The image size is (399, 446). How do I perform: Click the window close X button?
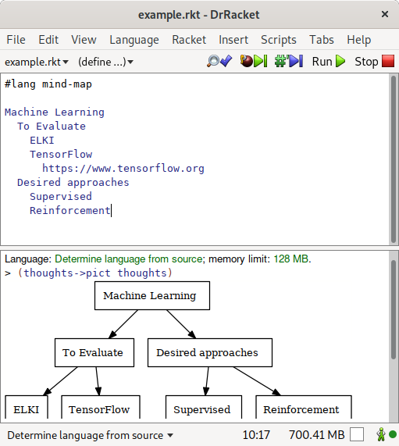pos(385,14)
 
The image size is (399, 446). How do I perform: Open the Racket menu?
pos(189,40)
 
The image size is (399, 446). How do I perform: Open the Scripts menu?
pos(279,40)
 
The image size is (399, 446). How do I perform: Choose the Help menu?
pos(359,40)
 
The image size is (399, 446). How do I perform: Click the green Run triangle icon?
pos(340,61)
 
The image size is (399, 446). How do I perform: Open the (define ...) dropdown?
pos(105,62)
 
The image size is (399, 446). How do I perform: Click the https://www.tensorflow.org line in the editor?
pos(123,169)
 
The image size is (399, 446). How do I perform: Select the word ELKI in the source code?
pos(42,141)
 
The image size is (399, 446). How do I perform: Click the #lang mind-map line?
pos(48,84)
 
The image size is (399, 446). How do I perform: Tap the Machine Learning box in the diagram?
pos(152,295)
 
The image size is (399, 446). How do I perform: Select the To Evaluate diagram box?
pos(94,352)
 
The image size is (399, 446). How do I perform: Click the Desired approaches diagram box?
pos(210,352)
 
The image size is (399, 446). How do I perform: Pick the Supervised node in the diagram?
pos(204,407)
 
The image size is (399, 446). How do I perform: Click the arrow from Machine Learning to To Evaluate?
pos(123,324)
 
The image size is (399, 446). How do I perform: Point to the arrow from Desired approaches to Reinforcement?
pos(257,381)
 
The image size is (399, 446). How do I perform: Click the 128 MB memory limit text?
pos(292,259)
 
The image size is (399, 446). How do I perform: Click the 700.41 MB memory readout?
pos(317,434)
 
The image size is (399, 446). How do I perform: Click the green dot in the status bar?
pos(393,434)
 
